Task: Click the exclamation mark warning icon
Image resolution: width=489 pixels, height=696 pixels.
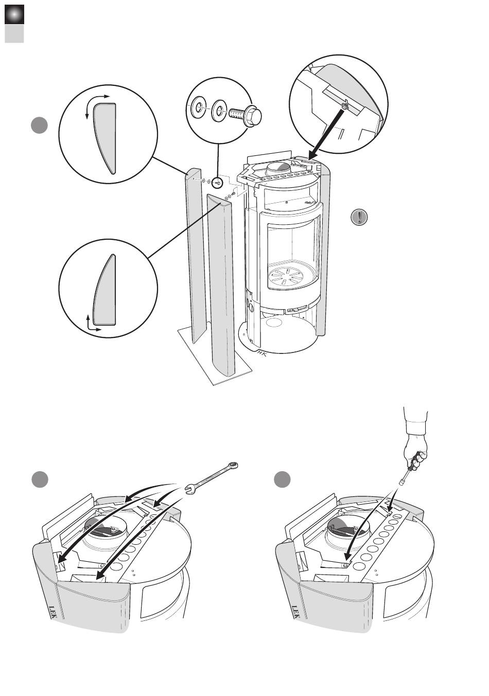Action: (x=359, y=217)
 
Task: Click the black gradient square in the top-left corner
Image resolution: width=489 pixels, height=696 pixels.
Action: (x=14, y=15)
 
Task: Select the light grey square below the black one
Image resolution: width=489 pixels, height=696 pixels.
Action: (x=14, y=34)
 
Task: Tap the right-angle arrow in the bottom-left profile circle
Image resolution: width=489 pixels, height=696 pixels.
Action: (x=92, y=324)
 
